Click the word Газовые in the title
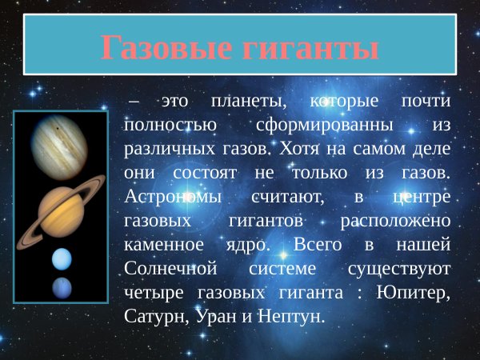(165, 48)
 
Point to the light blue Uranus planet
(62, 259)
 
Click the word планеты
(249, 102)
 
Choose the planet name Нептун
(293, 315)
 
